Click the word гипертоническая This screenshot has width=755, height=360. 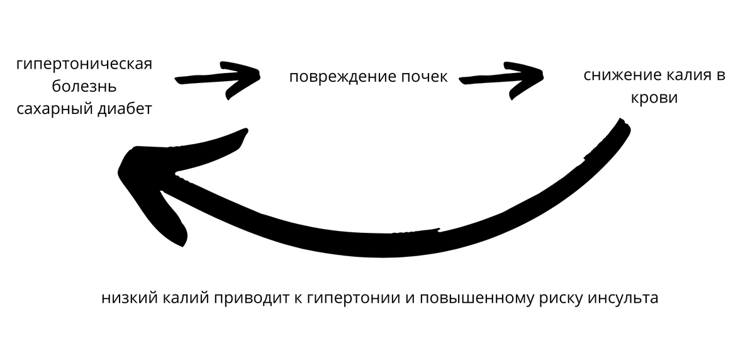click(x=85, y=65)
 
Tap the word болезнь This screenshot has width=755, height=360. click(x=85, y=86)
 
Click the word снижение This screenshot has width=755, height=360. click(x=620, y=76)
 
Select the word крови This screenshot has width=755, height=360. click(x=654, y=98)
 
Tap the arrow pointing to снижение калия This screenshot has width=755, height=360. click(x=503, y=76)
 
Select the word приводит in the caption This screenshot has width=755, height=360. click(x=242, y=298)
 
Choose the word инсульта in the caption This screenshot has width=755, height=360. click(x=622, y=298)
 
